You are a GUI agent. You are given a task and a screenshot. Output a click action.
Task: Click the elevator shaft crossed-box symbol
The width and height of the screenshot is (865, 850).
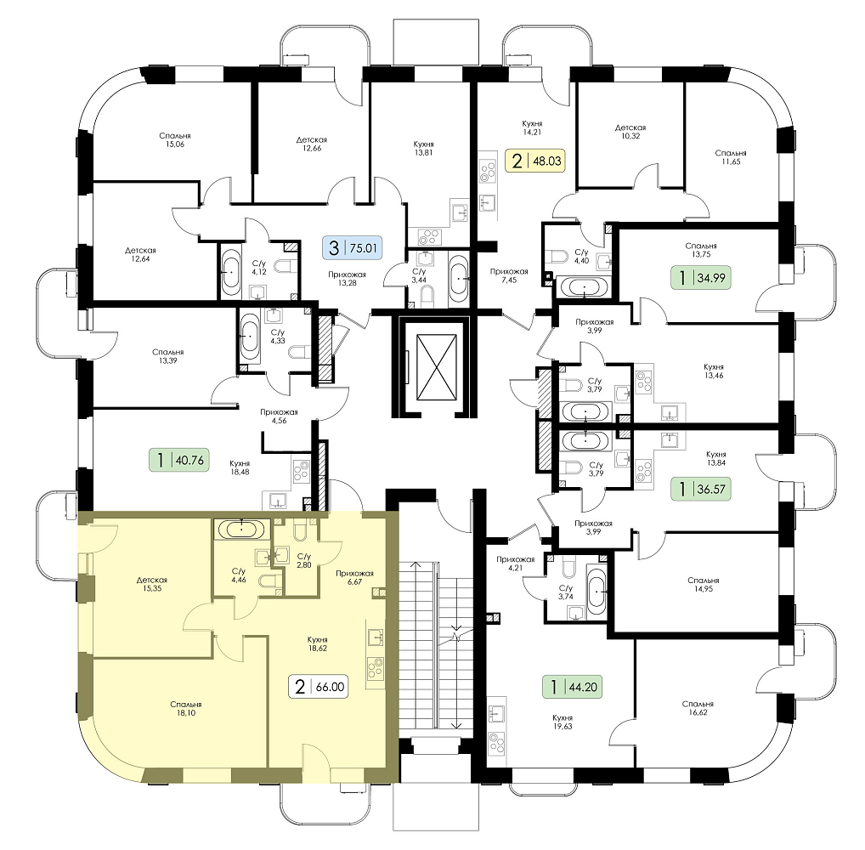pyautogui.click(x=437, y=366)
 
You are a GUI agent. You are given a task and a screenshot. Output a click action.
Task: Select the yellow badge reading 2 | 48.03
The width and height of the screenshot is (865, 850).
pyautogui.click(x=535, y=161)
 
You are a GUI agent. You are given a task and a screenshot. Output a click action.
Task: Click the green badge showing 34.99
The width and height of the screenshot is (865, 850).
pyautogui.click(x=701, y=277)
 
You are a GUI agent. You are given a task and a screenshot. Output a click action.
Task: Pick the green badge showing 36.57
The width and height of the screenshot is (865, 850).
pyautogui.click(x=701, y=489)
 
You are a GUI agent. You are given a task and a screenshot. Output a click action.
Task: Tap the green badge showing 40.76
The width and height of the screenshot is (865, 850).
pyautogui.click(x=178, y=459)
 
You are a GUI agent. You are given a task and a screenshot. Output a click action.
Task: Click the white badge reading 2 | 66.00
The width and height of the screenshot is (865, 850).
pyautogui.click(x=319, y=686)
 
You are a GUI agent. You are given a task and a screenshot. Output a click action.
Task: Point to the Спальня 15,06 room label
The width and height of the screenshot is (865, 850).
pyautogui.click(x=175, y=139)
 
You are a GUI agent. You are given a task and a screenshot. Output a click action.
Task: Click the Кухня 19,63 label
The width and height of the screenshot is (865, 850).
pyautogui.click(x=563, y=722)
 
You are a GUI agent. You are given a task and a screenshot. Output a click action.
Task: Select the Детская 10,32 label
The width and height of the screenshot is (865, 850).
pyautogui.click(x=630, y=132)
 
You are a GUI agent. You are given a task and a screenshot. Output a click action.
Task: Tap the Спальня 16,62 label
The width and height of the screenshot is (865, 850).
pyautogui.click(x=698, y=708)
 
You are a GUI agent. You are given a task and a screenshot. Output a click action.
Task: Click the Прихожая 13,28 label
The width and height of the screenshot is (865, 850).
pyautogui.click(x=347, y=279)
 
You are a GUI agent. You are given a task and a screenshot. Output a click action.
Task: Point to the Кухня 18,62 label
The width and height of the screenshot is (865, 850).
pyautogui.click(x=318, y=644)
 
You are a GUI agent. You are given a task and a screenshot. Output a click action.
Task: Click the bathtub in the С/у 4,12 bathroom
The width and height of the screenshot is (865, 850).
pyautogui.click(x=230, y=272)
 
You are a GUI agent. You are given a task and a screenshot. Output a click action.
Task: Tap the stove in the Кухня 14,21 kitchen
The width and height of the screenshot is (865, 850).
pyautogui.click(x=487, y=170)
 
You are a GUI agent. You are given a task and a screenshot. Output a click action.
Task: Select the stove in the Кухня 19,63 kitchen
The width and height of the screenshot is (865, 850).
pyautogui.click(x=498, y=742)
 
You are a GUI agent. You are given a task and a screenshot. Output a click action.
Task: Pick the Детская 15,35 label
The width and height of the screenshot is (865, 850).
pyautogui.click(x=152, y=584)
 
